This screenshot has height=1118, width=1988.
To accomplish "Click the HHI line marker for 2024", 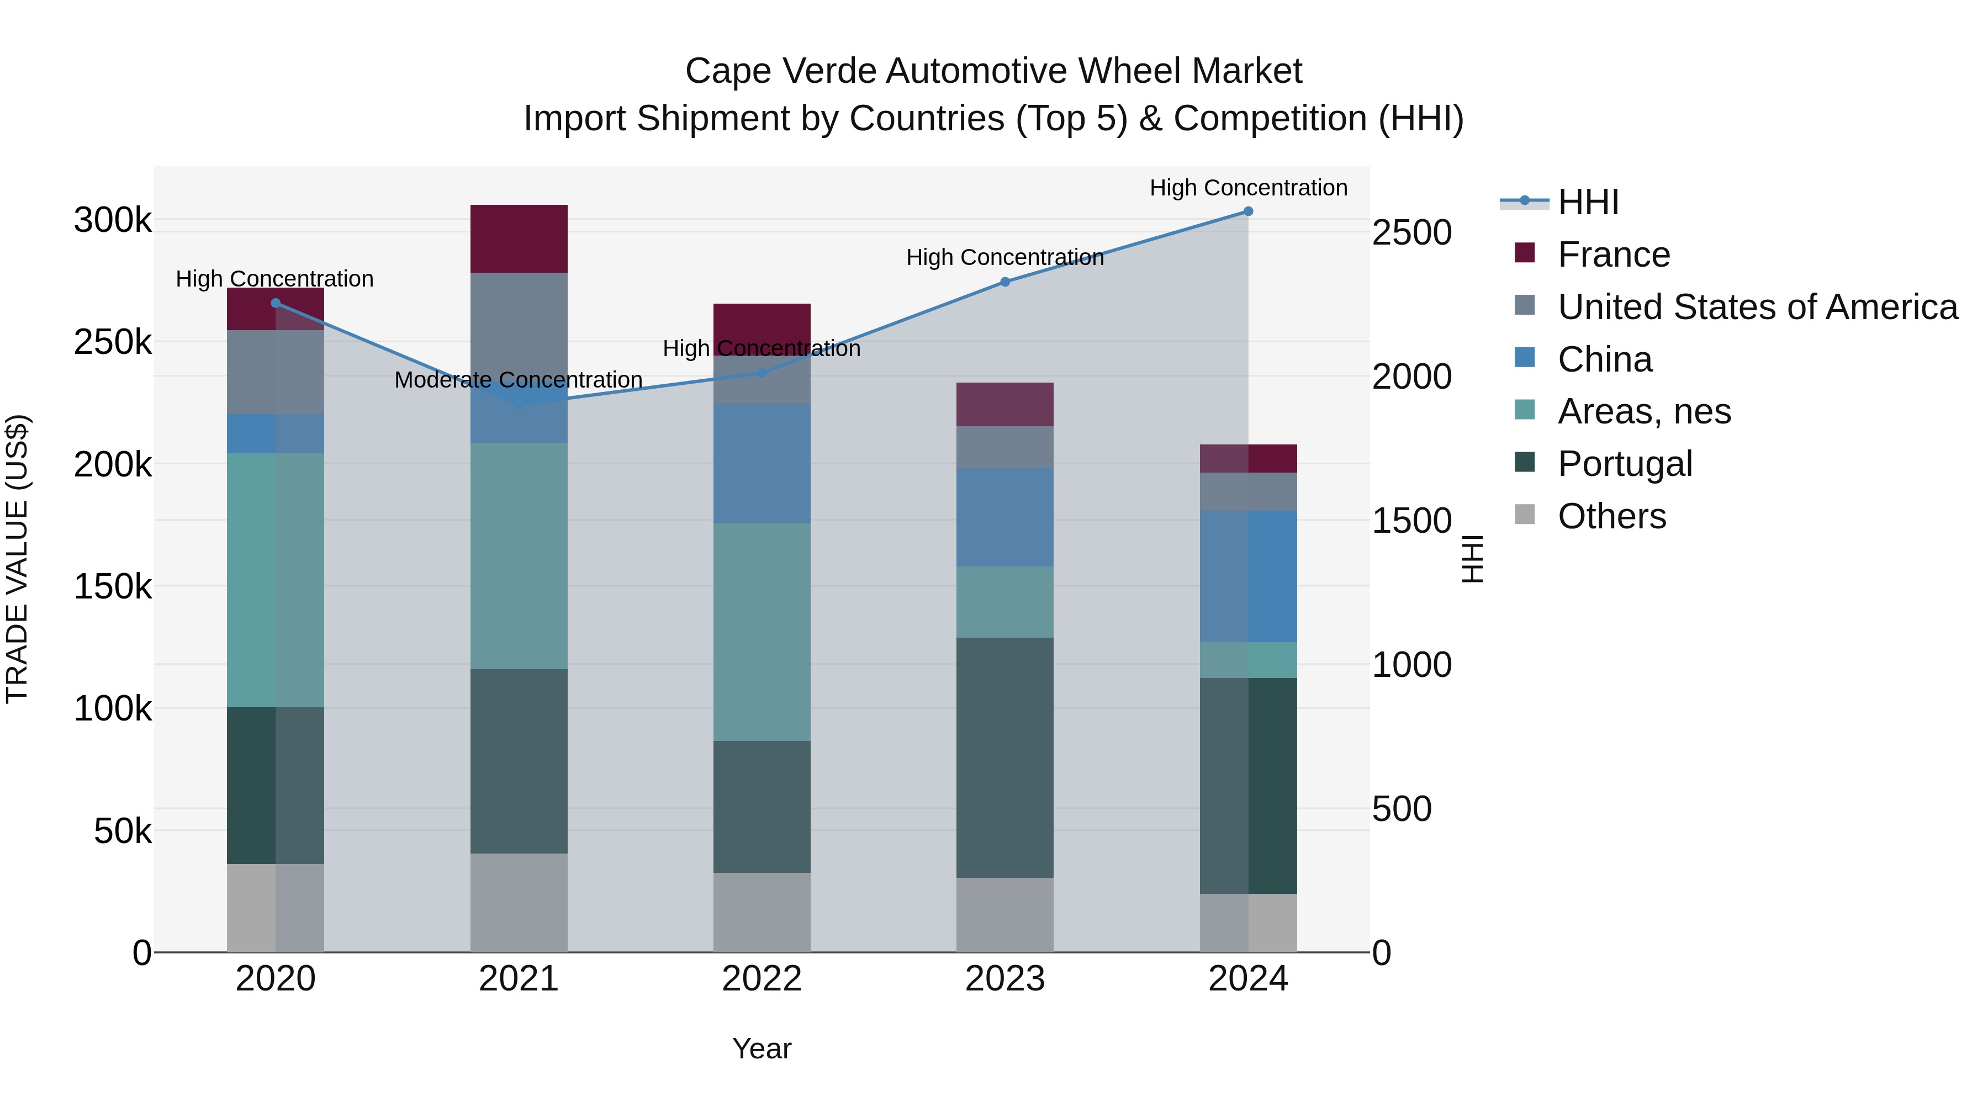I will coord(1248,211).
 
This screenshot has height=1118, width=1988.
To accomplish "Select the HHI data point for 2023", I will coord(1005,282).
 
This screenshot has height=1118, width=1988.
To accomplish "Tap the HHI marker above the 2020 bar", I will coord(276,303).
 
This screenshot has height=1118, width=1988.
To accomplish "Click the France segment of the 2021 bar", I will coord(519,239).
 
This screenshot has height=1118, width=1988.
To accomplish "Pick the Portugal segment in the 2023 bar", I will coord(1005,757).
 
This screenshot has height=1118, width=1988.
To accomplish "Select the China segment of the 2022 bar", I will coord(762,463).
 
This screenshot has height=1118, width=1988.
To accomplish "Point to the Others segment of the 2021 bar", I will coord(519,902).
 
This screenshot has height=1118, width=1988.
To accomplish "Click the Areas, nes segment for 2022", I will coord(762,632).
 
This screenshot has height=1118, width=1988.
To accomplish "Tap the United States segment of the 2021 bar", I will coord(519,324).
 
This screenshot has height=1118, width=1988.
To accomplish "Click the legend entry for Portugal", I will coord(1625,464).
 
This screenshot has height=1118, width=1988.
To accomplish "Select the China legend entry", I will coord(1604,359).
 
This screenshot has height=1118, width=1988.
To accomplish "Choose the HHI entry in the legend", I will coord(1588,202).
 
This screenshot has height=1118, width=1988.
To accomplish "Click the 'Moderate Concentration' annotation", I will coord(519,380).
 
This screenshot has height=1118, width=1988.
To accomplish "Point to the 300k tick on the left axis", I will coord(113,221).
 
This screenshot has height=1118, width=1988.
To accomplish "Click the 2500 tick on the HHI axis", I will coord(1411,233).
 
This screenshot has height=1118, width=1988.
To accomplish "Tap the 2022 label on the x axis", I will coord(762,979).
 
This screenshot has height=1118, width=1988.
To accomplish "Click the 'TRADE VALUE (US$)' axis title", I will coord(17,559).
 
